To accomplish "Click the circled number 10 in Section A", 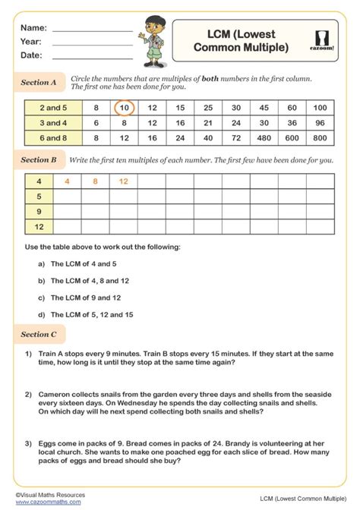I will point(125,108).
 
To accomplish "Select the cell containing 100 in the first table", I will point(319,108).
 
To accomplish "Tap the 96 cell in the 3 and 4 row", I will point(319,122).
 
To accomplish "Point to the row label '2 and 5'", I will point(54,108).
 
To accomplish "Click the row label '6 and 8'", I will point(54,137).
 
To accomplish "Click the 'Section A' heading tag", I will point(39,82).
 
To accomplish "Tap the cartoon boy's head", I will point(150,24).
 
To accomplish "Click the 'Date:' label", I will point(32,55).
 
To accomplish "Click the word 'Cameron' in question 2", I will point(52,395).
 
